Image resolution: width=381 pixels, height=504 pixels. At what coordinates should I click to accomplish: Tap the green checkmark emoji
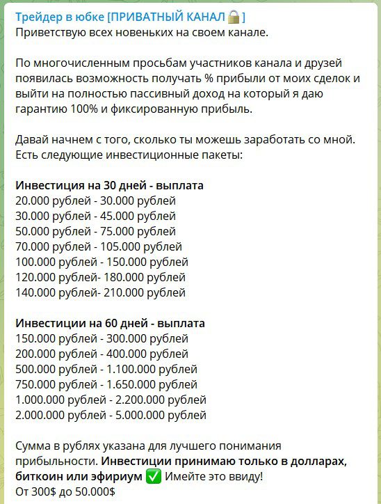(154, 478)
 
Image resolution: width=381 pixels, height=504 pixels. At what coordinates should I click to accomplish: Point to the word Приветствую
(53, 32)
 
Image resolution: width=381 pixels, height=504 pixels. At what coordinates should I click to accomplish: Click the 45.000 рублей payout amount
(138, 216)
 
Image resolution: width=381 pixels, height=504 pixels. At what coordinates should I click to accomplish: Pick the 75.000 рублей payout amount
(138, 232)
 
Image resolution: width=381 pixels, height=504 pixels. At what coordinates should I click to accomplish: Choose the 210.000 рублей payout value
(144, 293)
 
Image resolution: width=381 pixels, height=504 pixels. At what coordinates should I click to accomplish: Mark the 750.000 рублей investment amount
(48, 385)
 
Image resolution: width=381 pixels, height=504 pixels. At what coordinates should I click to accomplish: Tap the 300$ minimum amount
(45, 492)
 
